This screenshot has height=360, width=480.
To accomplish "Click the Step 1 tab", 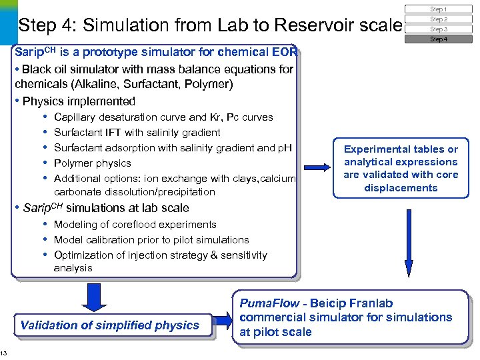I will pyautogui.click(x=438, y=9).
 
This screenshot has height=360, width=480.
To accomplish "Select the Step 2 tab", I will pyautogui.click(x=438, y=19).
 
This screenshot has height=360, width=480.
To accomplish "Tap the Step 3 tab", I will pyautogui.click(x=438, y=29).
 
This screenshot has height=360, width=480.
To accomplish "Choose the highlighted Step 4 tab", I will pyautogui.click(x=438, y=39).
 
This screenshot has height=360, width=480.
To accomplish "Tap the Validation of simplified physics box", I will pyautogui.click(x=110, y=325).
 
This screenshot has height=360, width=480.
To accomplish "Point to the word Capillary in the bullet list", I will pyautogui.click(x=76, y=117).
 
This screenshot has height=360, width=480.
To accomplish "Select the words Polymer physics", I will pyautogui.click(x=93, y=163).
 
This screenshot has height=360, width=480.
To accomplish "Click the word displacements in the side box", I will pyautogui.click(x=401, y=188).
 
